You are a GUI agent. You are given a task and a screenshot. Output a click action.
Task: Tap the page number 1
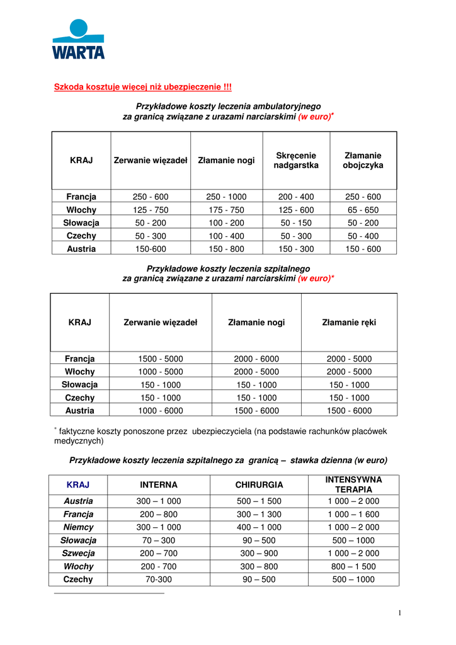point(399,613)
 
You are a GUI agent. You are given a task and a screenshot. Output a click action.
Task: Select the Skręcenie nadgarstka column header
point(296,160)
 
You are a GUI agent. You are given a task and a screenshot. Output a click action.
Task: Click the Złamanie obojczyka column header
point(363,160)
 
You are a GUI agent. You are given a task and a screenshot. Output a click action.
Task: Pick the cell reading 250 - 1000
point(226,197)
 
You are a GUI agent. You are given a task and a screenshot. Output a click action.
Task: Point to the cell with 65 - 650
point(363,210)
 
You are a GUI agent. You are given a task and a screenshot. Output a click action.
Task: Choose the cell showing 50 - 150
point(296,222)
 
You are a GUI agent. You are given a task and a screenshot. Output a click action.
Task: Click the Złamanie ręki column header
point(349,322)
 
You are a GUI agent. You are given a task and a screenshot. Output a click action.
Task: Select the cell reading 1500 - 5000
point(161,358)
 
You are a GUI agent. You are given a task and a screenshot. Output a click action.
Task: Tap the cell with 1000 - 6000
point(161,410)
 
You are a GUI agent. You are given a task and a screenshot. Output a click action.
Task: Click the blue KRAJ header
point(78,484)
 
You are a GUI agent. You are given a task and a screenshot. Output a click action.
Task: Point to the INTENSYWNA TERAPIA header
point(353,484)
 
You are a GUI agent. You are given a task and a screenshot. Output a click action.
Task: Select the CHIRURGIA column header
point(259,484)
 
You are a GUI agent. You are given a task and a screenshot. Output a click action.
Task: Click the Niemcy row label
point(78,527)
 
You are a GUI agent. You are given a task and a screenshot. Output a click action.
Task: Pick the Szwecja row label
point(78,553)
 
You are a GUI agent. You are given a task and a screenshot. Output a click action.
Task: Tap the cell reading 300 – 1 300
point(259,514)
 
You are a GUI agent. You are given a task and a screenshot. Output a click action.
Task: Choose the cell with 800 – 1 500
point(353,566)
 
